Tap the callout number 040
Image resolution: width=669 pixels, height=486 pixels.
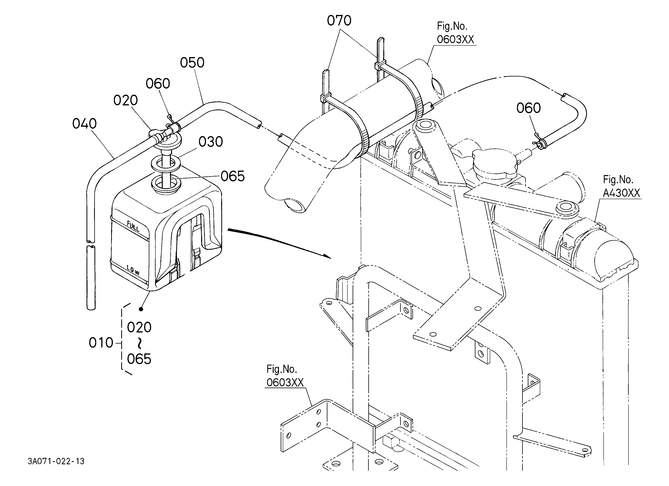pos(84,124)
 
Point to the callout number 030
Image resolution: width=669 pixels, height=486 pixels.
pos(211,142)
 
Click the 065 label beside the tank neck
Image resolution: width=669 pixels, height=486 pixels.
pos(233,176)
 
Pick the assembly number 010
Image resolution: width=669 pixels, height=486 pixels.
pos(101,343)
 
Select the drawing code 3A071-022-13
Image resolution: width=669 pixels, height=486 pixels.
pos(56,461)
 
